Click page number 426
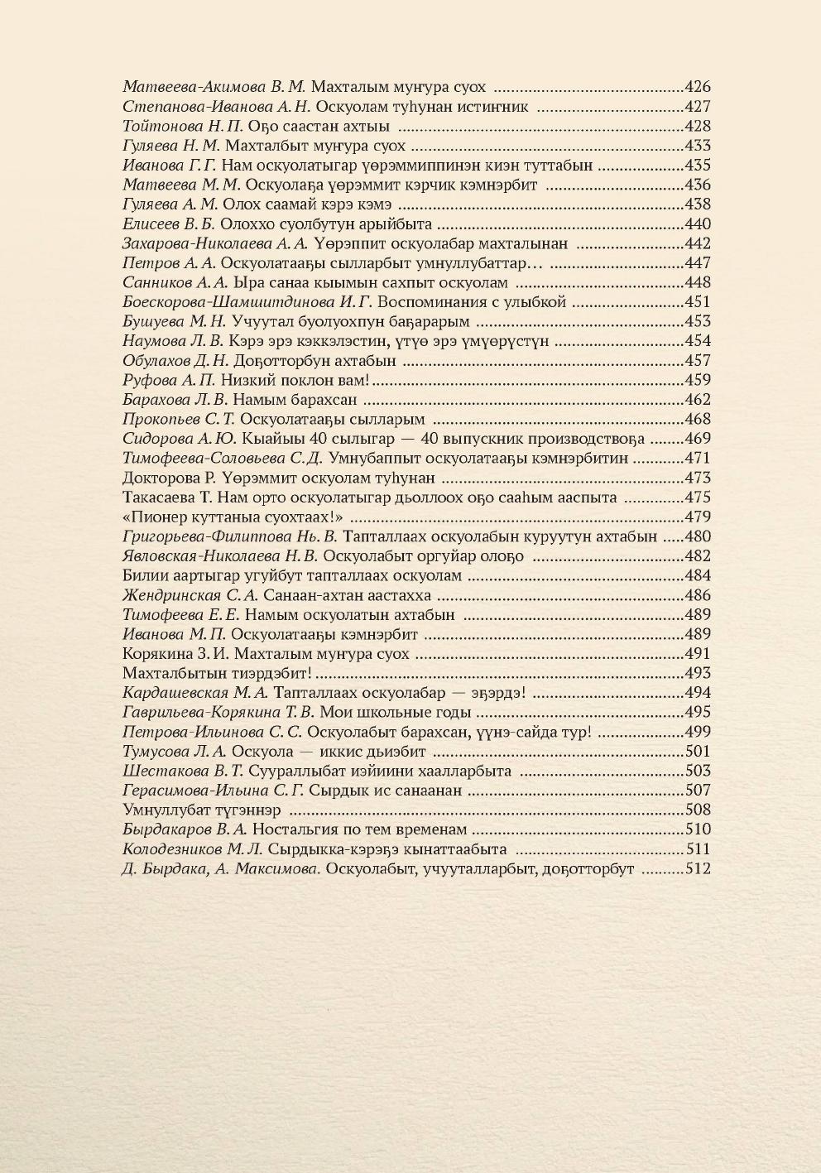[699, 86]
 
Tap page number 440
[699, 224]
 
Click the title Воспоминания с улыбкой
[473, 302]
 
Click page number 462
[699, 400]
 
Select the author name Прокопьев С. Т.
[171, 419]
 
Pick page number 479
[699, 517]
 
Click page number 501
[699, 752]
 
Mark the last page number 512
[699, 869]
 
